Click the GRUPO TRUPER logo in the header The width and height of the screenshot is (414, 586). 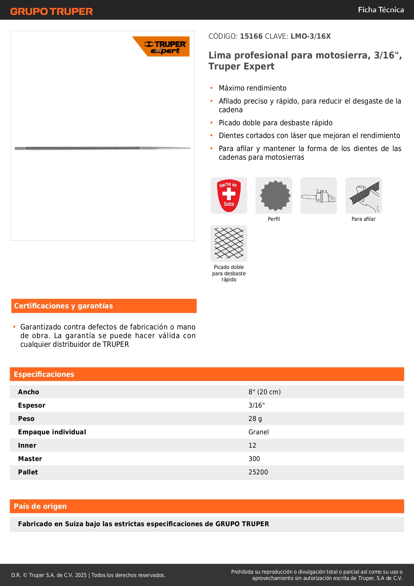click(x=51, y=11)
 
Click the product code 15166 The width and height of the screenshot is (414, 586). click(x=251, y=36)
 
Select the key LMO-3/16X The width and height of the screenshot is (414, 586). click(x=311, y=36)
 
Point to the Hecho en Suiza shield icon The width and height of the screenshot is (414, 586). click(x=229, y=195)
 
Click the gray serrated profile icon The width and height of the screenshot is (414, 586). click(x=274, y=195)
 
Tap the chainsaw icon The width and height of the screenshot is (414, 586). click(x=319, y=195)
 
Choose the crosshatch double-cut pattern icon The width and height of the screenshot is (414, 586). click(x=229, y=243)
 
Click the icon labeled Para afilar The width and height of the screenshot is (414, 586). click(x=364, y=195)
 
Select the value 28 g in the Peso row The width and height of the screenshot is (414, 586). click(x=255, y=419)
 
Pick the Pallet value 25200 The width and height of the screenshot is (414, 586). click(x=258, y=472)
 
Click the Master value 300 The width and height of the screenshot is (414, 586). click(x=254, y=459)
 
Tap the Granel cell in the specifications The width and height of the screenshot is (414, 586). click(x=259, y=432)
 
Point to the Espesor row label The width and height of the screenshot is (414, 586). click(x=32, y=405)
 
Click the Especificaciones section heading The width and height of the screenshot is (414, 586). click(x=44, y=374)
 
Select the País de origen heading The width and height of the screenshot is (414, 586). click(x=40, y=506)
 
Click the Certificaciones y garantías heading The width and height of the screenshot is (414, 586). click(x=63, y=306)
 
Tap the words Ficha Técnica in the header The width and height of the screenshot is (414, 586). click(x=381, y=10)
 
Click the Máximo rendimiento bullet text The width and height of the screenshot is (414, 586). click(x=253, y=88)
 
